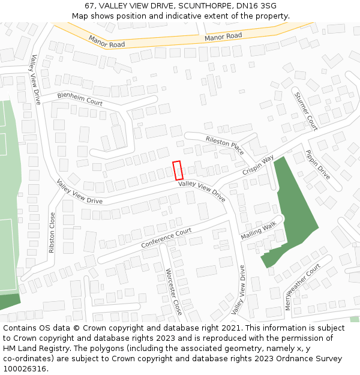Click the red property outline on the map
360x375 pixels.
point(178,170)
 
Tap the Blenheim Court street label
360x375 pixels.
point(80,99)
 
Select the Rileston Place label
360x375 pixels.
point(225,145)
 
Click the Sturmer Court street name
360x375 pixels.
point(305,111)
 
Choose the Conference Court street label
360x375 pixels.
point(166,238)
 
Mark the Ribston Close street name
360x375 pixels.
point(52,232)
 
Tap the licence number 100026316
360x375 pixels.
point(25,369)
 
